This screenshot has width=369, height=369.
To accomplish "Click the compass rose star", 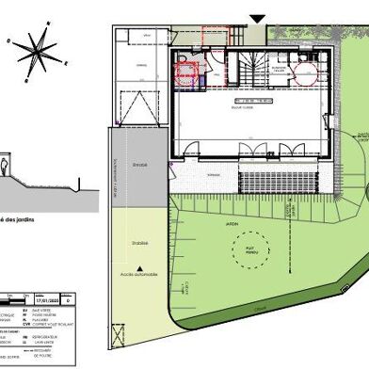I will click(35, 49).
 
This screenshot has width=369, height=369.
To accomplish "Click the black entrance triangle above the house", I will click(257, 19).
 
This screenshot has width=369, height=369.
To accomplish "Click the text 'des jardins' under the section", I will click(21, 219).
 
